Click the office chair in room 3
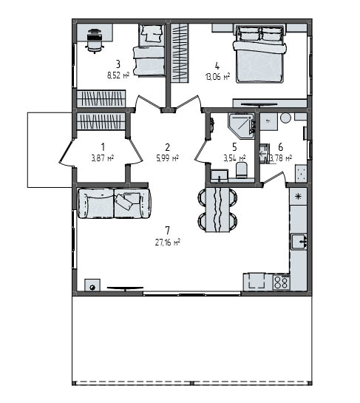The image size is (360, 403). [95, 41]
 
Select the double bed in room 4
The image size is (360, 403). [259, 54]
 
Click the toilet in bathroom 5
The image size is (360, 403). [242, 169]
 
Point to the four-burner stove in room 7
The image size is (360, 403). [282, 282]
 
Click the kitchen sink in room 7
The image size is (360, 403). [299, 242]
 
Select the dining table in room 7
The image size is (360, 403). [217, 209]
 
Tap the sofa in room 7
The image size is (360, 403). [114, 203]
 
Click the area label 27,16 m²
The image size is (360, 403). [167, 243]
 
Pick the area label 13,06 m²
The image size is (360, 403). [217, 76]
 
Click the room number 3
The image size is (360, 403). [118, 64]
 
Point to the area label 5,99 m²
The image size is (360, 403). [168, 158]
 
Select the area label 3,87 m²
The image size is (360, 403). [103, 158]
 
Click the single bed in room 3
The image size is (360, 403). [149, 50]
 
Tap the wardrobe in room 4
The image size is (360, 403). [180, 53]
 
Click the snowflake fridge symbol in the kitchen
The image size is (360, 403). [298, 197]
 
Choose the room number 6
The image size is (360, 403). [281, 147]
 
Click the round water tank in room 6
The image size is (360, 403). [285, 118]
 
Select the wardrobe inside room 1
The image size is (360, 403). [101, 121]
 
